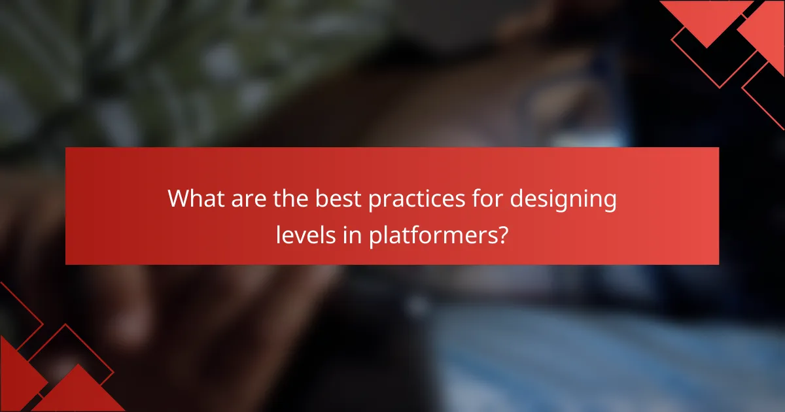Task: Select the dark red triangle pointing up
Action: coord(78,392)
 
